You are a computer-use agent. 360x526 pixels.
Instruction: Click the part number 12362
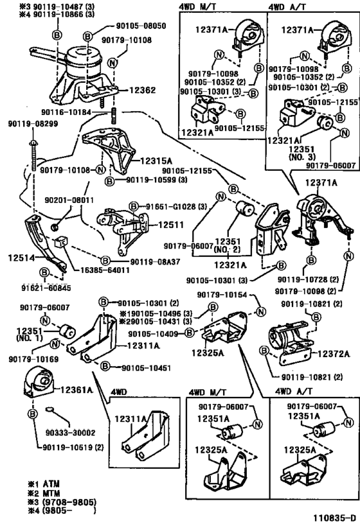pos(142,91)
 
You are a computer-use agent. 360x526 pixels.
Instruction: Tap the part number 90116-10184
pos(66,112)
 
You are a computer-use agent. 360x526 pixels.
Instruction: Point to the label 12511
pos(171,224)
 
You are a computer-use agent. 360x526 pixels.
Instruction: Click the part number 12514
pos(21,258)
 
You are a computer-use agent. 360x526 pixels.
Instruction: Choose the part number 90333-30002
pos(70,433)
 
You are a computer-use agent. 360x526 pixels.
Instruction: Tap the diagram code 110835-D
pos(334,518)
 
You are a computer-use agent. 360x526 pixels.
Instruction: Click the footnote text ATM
pos(51,484)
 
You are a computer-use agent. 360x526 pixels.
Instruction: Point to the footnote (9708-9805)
pos(69,502)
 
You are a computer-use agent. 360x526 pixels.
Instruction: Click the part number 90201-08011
pos(69,200)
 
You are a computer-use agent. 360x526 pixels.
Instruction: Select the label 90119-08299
pos(33,124)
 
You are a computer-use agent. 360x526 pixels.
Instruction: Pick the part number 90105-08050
pos(141,26)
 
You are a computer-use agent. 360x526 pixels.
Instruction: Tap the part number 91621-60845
pos(46,288)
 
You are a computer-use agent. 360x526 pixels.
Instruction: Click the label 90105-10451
pos(146,368)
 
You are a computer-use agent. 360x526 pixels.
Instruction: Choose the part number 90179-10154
pos(222,295)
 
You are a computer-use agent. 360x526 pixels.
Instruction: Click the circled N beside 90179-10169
pos(55,344)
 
